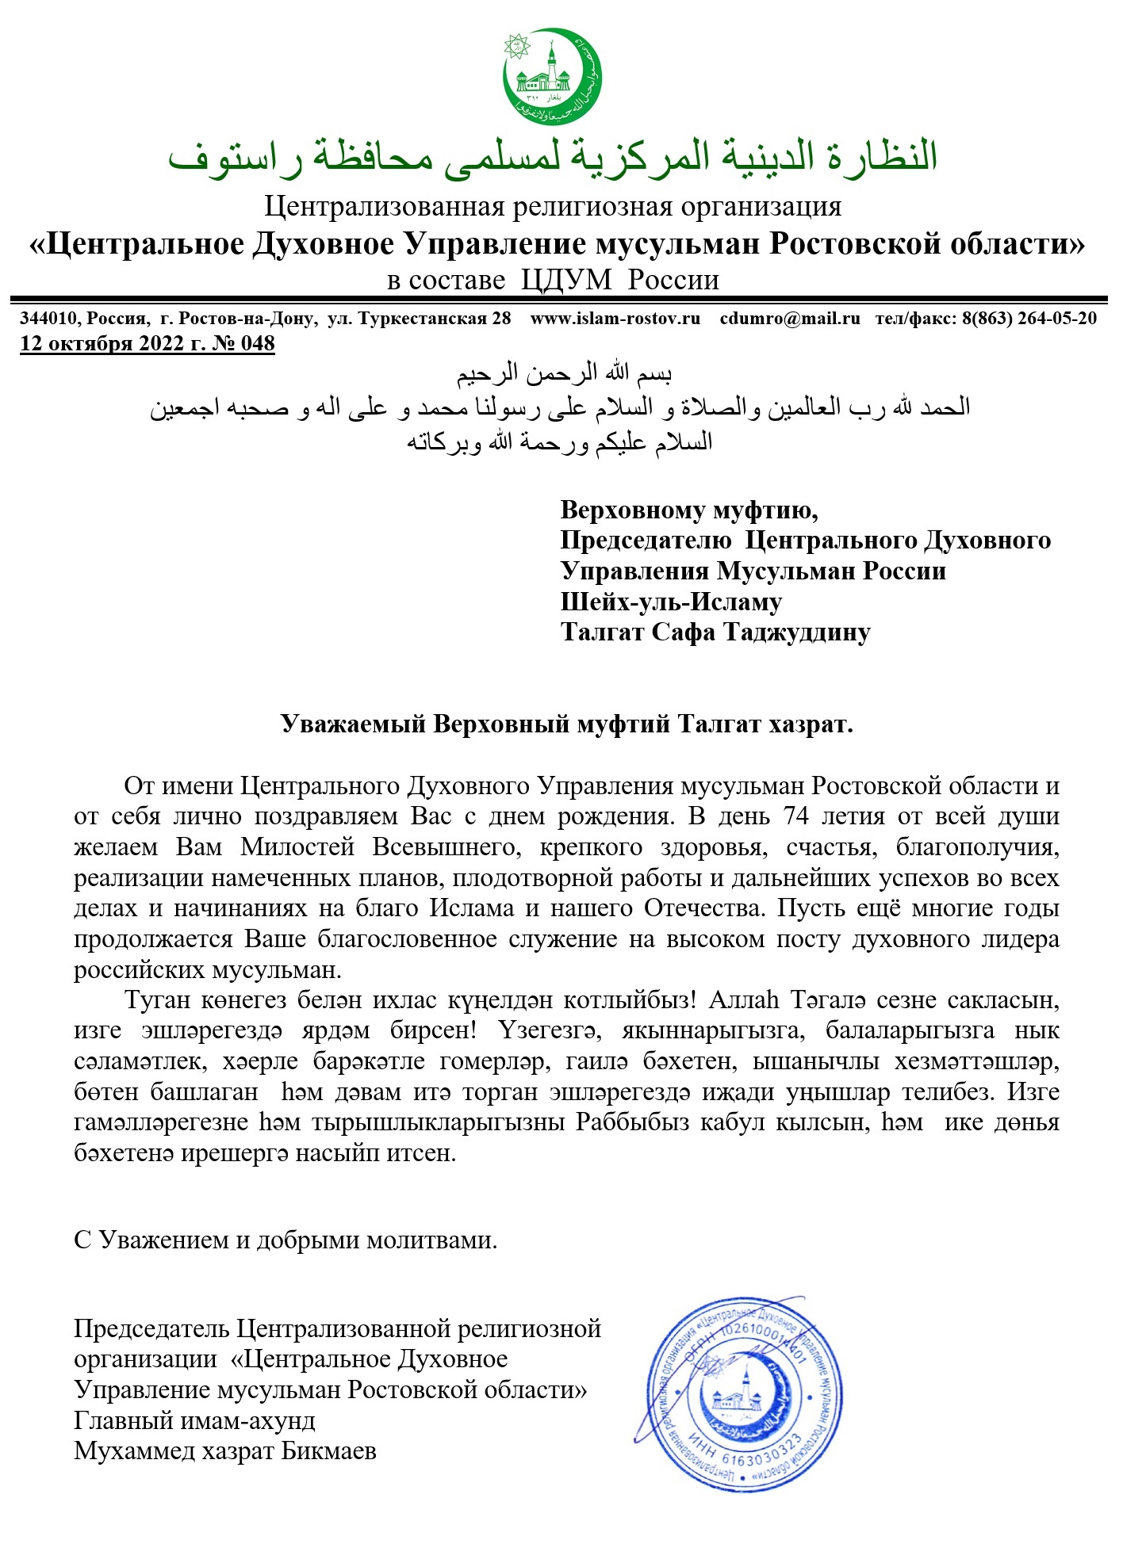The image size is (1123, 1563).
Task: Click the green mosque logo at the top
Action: point(553,76)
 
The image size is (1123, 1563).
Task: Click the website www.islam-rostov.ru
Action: point(615,319)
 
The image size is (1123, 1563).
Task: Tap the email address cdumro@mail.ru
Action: point(790,319)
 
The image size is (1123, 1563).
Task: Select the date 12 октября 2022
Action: point(102,343)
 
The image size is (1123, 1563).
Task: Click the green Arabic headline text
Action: point(553,157)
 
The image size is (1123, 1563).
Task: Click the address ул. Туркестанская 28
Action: point(420,319)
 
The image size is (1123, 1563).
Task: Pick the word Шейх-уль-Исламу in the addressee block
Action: point(671,602)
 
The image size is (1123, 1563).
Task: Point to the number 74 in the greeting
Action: point(796,816)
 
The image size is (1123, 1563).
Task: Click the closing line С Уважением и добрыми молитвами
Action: point(286,1240)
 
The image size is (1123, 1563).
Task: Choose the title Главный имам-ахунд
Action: point(194,1420)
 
